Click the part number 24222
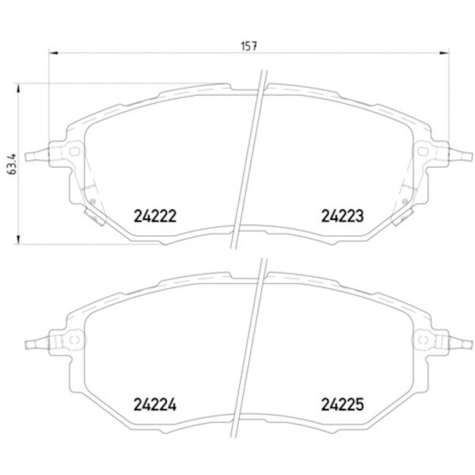tap(155, 216)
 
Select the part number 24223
tap(342, 216)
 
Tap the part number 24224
tap(155, 405)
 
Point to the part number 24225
tap(342, 405)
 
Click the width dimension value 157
tap(249, 46)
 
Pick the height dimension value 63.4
tap(13, 164)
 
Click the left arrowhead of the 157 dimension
tap(53, 53)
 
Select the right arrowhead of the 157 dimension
tap(445, 53)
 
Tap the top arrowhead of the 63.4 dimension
tap(18, 88)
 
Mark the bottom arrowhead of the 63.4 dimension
tap(18, 240)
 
